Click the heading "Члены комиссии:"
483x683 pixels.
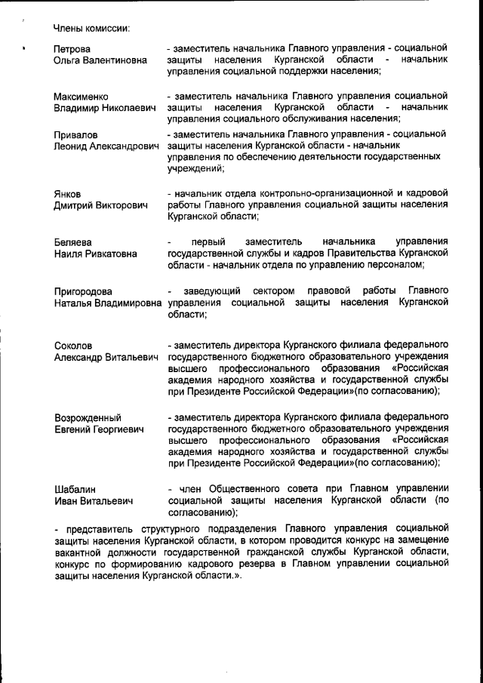pos(91,28)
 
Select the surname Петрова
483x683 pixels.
pos(72,49)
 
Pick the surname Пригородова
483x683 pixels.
pos(84,291)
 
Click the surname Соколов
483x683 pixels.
pos(73,346)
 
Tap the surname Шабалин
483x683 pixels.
pos(75,489)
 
